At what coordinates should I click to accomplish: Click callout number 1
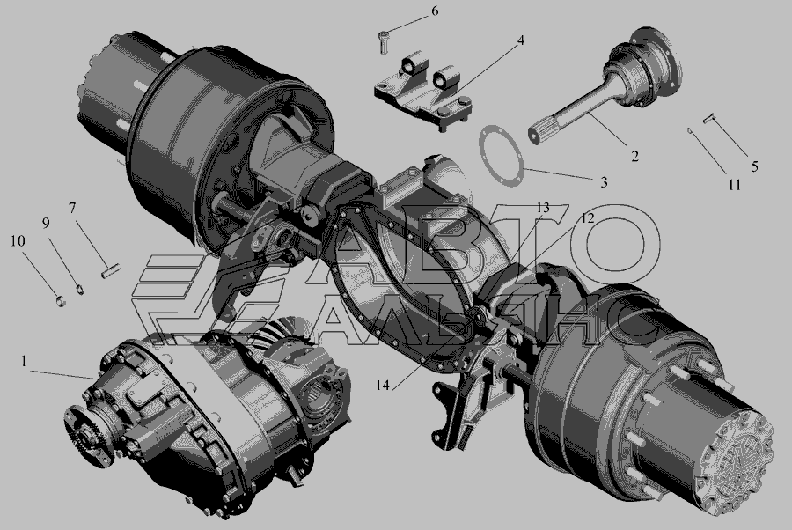click(x=23, y=361)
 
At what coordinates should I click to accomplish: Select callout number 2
click(x=634, y=156)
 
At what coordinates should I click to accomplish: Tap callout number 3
click(x=604, y=182)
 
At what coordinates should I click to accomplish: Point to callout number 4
click(x=520, y=40)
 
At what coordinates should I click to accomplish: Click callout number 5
click(x=755, y=166)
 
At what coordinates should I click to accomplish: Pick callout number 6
click(x=435, y=11)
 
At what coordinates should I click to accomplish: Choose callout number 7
click(x=72, y=208)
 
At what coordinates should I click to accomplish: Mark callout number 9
click(x=46, y=223)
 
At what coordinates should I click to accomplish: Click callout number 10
click(x=18, y=241)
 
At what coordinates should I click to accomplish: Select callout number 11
click(x=735, y=185)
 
